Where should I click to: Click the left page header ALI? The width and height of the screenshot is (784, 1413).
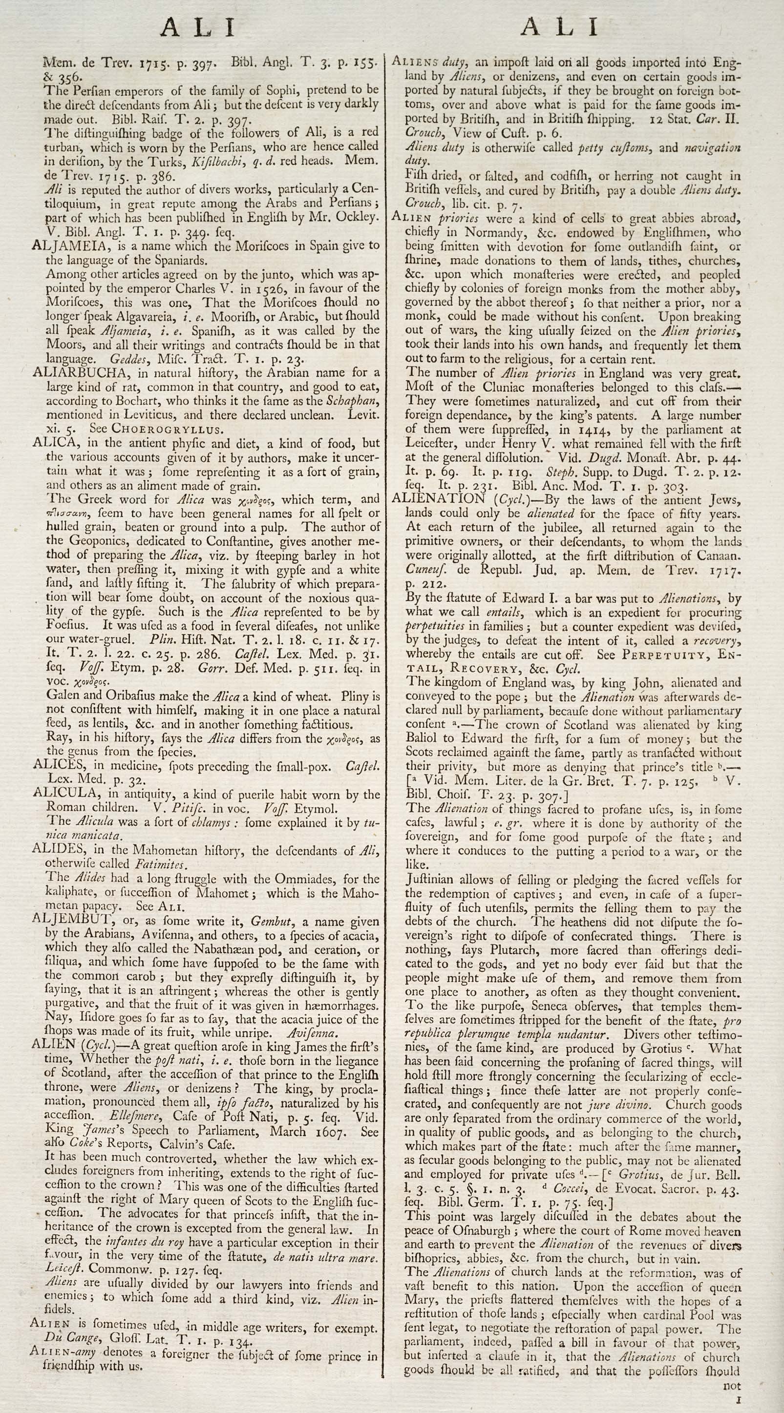coord(198,27)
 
